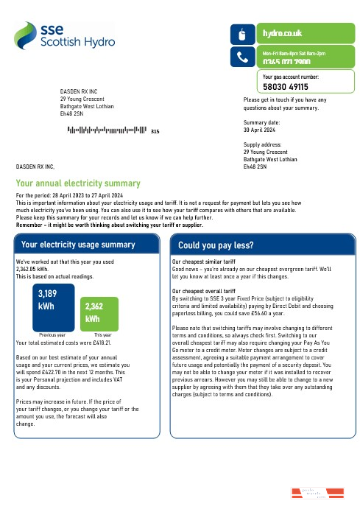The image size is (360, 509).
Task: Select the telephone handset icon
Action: point(243,56)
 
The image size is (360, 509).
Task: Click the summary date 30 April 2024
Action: point(259,129)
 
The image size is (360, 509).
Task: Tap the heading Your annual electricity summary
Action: point(77,183)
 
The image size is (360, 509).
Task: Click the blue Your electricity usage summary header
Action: point(79,244)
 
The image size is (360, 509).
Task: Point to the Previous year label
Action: point(52,335)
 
